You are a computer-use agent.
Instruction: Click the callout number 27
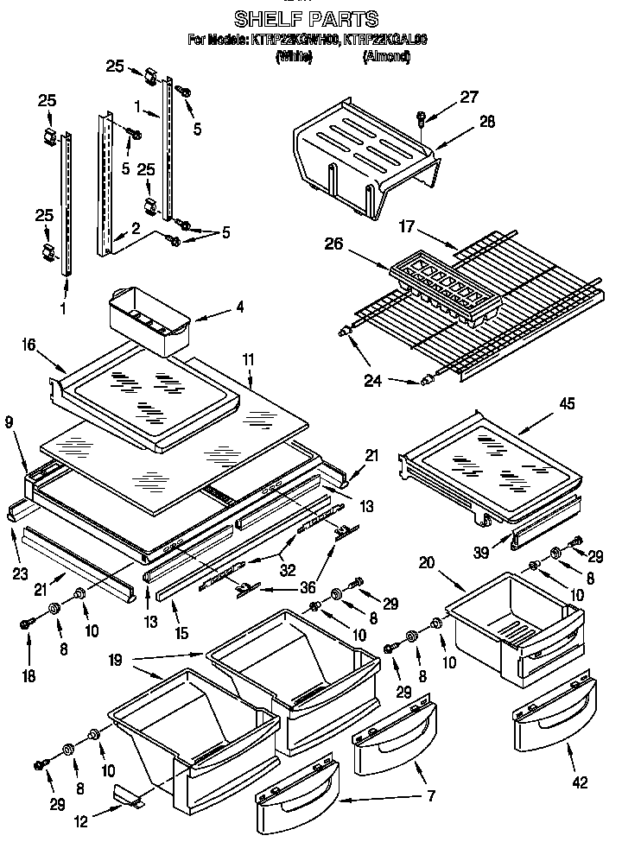click(x=468, y=97)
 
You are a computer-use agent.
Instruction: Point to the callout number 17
click(x=408, y=228)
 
